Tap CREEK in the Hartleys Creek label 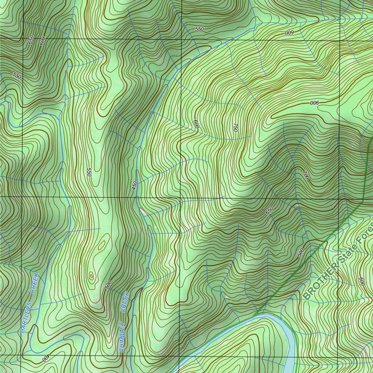(35, 283)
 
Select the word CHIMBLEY (122, 337)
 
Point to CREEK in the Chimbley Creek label (125, 302)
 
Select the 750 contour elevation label (235, 126)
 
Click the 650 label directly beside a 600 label (31, 39)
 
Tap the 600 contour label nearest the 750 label (196, 125)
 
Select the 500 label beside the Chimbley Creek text (108, 285)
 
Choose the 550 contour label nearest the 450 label (89, 172)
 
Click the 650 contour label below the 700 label (269, 211)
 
